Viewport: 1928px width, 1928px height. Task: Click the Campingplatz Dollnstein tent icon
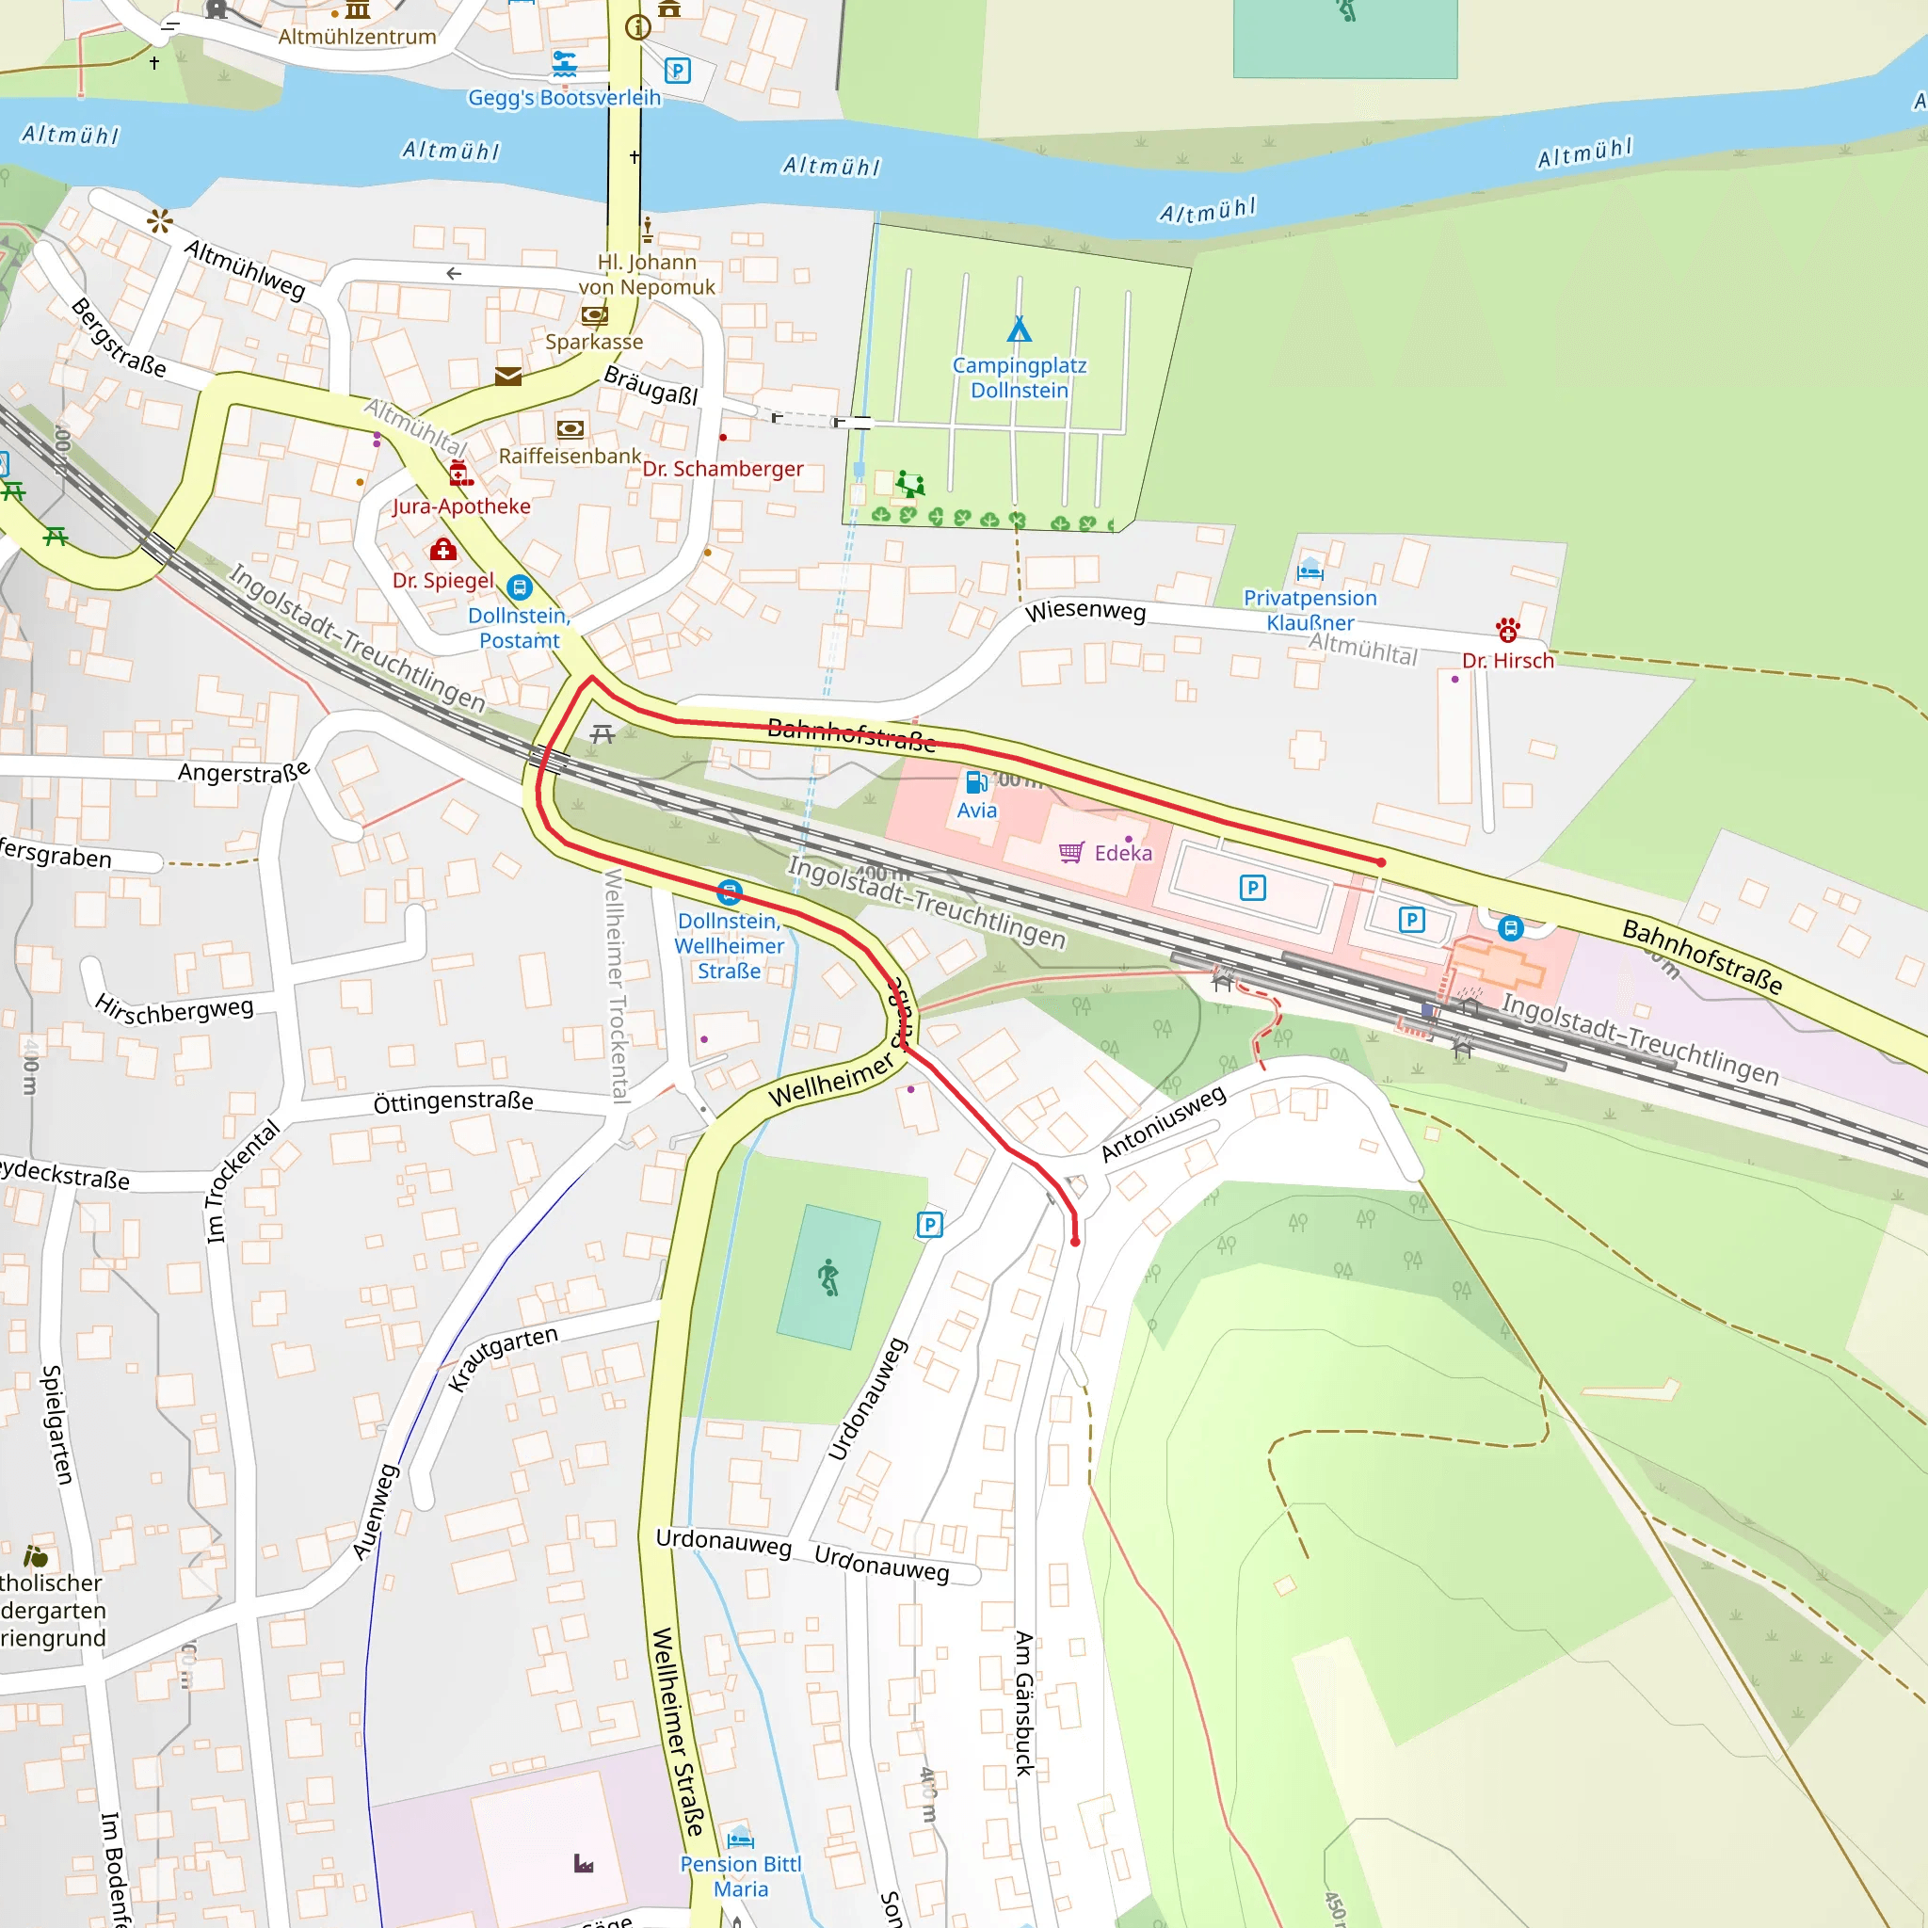[x=1019, y=329]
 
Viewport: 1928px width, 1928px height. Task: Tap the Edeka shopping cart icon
[x=1070, y=852]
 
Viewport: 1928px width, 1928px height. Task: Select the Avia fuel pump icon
[x=977, y=781]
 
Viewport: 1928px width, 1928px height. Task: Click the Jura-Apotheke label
[x=461, y=506]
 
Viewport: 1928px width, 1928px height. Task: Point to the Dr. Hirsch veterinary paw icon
[x=1507, y=630]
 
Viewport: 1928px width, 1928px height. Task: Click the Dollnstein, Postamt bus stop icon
[x=519, y=586]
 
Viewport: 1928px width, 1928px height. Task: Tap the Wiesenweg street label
[x=1084, y=611]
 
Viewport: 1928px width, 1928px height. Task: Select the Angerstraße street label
[x=244, y=771]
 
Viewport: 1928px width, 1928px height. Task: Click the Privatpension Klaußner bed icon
[x=1309, y=570]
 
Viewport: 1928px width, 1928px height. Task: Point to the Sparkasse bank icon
[x=594, y=315]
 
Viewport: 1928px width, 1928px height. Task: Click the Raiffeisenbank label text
[x=570, y=456]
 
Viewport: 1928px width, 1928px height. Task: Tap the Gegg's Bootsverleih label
[x=564, y=98]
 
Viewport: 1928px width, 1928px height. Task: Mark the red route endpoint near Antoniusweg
[x=1075, y=1242]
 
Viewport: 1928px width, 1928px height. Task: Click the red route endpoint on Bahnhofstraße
[x=1381, y=862]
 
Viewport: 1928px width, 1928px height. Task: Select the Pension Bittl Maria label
[x=741, y=1876]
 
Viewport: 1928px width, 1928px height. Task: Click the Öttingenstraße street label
[x=453, y=1101]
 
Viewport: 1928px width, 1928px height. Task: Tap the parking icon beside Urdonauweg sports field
[x=929, y=1225]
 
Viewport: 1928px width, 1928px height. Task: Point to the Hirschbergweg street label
[x=175, y=1010]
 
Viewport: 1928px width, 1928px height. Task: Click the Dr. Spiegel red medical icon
[x=443, y=550]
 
